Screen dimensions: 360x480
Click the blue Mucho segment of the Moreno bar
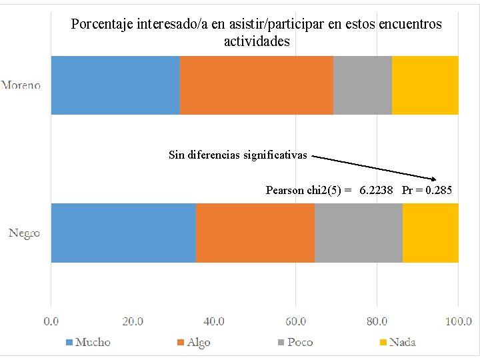pyautogui.click(x=115, y=85)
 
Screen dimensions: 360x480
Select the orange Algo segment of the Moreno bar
pyautogui.click(x=257, y=85)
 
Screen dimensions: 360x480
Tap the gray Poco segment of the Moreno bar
pyautogui.click(x=363, y=85)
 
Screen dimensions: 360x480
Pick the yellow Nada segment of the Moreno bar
pyautogui.click(x=425, y=85)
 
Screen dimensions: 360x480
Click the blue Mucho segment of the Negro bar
pyautogui.click(x=123, y=233)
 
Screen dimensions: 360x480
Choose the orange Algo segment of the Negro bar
pyautogui.click(x=255, y=233)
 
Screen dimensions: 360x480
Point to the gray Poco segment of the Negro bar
pyautogui.click(x=359, y=233)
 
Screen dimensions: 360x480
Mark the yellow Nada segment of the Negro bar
pyautogui.click(x=431, y=233)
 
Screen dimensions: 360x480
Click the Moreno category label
pyautogui.click(x=21, y=85)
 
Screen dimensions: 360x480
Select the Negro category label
pyautogui.click(x=24, y=233)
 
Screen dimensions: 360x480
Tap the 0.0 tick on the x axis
pyautogui.click(x=51, y=321)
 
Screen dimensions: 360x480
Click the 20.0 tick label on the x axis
pyautogui.click(x=133, y=321)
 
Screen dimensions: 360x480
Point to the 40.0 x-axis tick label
pyautogui.click(x=214, y=321)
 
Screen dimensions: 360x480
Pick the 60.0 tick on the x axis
pyautogui.click(x=295, y=321)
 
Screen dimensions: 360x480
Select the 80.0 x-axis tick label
pyautogui.click(x=377, y=321)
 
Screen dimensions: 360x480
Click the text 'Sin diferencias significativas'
pyautogui.click(x=238, y=155)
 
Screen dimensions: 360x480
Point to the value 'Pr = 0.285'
pyautogui.click(x=427, y=191)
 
